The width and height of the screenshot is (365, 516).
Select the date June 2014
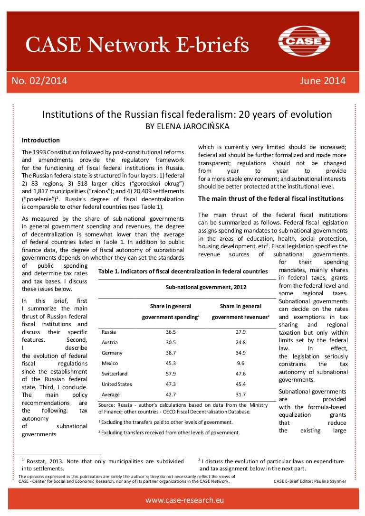point(323,81)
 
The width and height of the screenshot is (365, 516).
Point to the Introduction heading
point(41,141)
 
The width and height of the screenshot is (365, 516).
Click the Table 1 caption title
point(182,272)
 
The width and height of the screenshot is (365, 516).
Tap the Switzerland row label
point(115,374)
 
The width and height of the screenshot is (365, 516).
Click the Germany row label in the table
point(112,353)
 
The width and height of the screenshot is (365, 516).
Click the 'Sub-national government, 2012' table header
point(206,288)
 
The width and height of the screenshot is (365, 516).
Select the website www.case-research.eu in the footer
point(184,500)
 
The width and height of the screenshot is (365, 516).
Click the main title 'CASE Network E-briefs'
point(137,45)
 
